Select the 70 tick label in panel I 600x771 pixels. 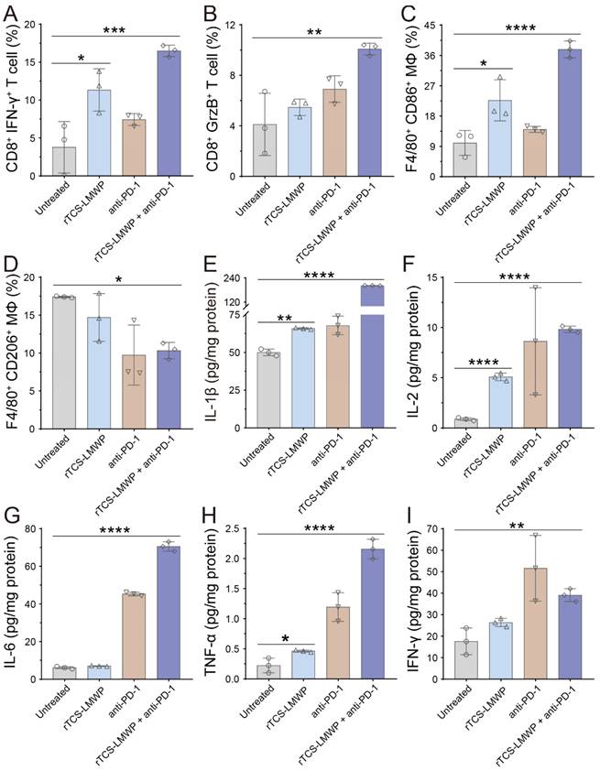pos(440,529)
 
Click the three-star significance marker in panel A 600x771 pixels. pos(115,30)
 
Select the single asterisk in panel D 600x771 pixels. pos(114,275)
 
